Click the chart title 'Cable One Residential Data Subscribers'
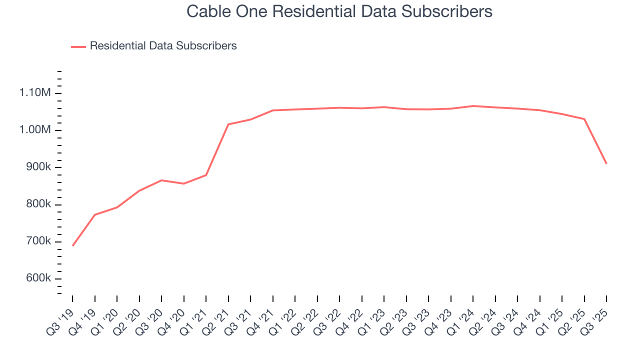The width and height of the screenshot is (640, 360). coord(339,11)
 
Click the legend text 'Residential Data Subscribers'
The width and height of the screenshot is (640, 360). coord(163,46)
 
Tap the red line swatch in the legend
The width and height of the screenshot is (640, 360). coord(78,46)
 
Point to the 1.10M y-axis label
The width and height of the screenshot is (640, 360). coord(35,93)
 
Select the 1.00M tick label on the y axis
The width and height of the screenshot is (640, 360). coord(35,130)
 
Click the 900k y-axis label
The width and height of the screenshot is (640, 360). coord(37,167)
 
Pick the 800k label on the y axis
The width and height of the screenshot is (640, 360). coord(37,204)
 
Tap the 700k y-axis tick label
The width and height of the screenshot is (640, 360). coord(37,241)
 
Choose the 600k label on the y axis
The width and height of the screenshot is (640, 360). coord(37,279)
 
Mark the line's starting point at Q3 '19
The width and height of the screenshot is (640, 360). coord(73,245)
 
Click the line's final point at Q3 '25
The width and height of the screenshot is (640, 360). coord(606,163)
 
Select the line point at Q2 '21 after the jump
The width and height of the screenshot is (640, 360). coord(228,124)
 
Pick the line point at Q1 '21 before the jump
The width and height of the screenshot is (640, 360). coord(206,175)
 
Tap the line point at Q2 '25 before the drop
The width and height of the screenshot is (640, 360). coord(584,119)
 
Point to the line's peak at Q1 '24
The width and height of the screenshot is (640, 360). coord(473,106)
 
